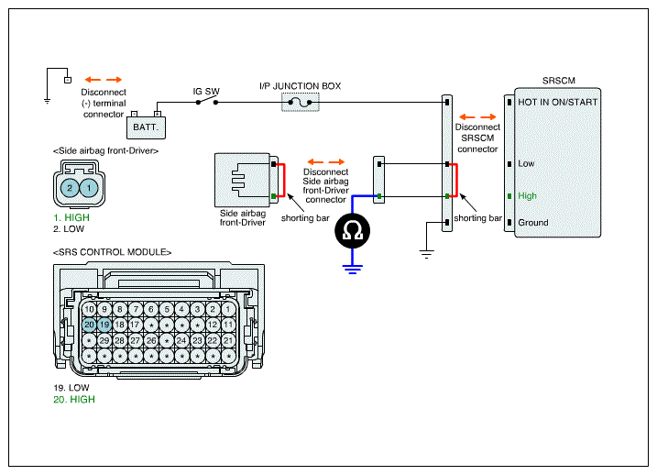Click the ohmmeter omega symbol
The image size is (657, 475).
pyautogui.click(x=353, y=230)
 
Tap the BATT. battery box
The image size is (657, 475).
pyautogui.click(x=147, y=127)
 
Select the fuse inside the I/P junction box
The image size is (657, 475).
pyautogui.click(x=301, y=103)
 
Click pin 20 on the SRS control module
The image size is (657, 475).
pyautogui.click(x=89, y=325)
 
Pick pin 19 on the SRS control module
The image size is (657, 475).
pyautogui.click(x=104, y=325)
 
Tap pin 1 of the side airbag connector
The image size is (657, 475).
pyautogui.click(x=89, y=188)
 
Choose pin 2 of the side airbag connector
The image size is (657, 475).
pyautogui.click(x=70, y=188)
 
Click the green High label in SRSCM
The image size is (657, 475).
pyautogui.click(x=527, y=196)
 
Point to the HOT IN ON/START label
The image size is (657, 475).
pyautogui.click(x=558, y=103)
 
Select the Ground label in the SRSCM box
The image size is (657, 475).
pyautogui.click(x=533, y=223)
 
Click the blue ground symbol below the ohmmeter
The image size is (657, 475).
pyautogui.click(x=353, y=270)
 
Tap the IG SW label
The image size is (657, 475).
pyautogui.click(x=206, y=92)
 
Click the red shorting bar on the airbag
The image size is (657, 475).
pyautogui.click(x=284, y=181)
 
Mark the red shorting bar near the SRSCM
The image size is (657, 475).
pyautogui.click(x=456, y=181)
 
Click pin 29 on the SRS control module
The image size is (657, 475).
pyautogui.click(x=104, y=340)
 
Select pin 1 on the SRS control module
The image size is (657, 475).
pyautogui.click(x=228, y=309)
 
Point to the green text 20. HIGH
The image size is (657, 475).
pyautogui.click(x=74, y=400)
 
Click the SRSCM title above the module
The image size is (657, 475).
pyautogui.click(x=559, y=81)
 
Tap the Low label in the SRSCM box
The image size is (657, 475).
pyautogui.click(x=526, y=163)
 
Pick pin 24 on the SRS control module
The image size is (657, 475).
pyautogui.click(x=181, y=340)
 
